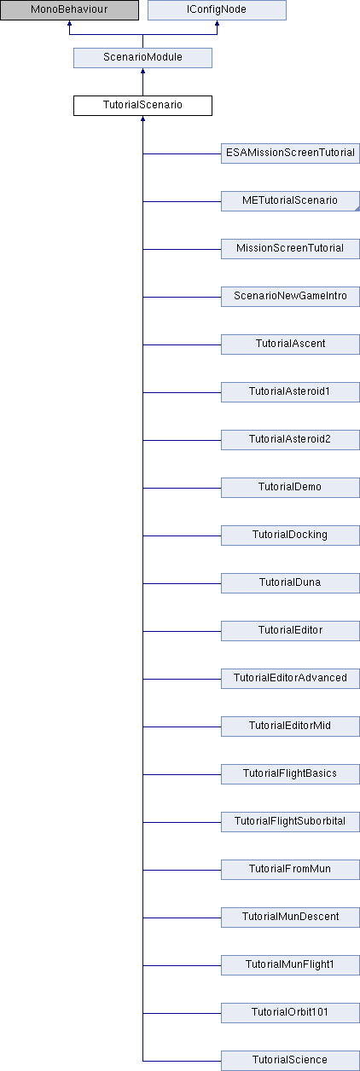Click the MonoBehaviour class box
[x=69, y=10]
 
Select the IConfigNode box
[x=217, y=10]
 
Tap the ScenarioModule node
[x=142, y=58]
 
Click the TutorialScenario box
[x=142, y=106]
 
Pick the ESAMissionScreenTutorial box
[x=290, y=153]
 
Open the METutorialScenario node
[x=290, y=201]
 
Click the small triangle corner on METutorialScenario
[x=357, y=209]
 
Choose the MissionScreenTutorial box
[x=290, y=249]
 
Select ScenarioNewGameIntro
[x=290, y=297]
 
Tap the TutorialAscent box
[x=290, y=344]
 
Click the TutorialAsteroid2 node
[x=290, y=440]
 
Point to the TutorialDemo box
[x=290, y=488]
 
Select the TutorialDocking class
[x=290, y=536]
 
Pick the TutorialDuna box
[x=290, y=584]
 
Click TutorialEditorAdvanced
[x=290, y=680]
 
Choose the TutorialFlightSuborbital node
[x=290, y=823]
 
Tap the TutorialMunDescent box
[x=290, y=918]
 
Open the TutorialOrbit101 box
[x=290, y=1014]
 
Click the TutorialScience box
[x=290, y=1062]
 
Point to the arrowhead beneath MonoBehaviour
[x=69, y=23]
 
